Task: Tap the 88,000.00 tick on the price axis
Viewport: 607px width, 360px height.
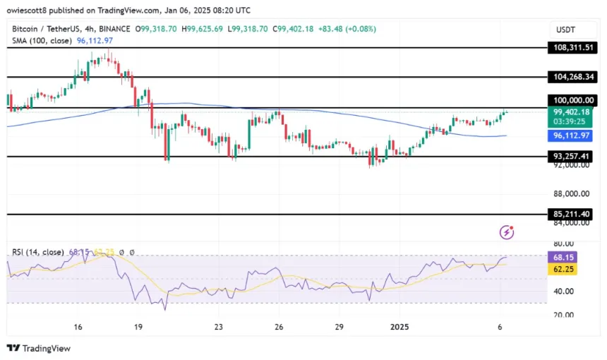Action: click(573, 194)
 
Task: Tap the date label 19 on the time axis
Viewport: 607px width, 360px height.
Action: click(138, 327)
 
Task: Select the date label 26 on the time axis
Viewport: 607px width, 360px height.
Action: click(280, 327)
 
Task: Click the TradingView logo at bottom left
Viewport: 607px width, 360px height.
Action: click(39, 348)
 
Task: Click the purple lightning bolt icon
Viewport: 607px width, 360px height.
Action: click(506, 232)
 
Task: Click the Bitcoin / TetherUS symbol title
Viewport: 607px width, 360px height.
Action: click(56, 29)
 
